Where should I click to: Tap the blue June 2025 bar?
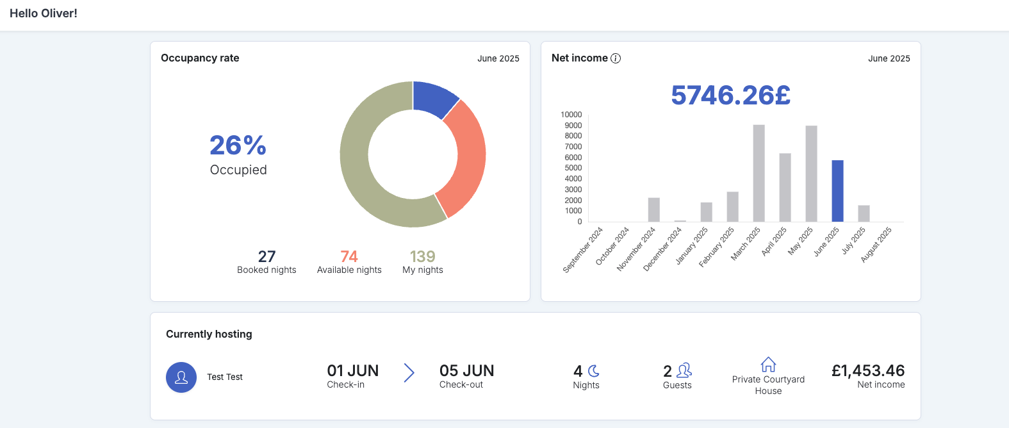tap(837, 191)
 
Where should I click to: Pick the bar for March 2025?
tap(759, 174)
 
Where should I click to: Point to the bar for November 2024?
tap(654, 210)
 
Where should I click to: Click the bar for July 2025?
tap(864, 213)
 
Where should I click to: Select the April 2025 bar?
tap(785, 188)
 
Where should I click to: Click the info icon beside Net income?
tap(615, 58)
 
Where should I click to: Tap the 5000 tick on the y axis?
tap(573, 168)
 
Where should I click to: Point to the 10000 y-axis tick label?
tap(571, 115)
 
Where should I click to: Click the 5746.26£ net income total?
tap(730, 95)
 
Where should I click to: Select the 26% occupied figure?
tap(238, 145)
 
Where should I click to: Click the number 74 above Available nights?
tap(349, 256)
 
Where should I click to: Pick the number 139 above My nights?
tap(423, 256)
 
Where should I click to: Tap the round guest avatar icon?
tap(181, 377)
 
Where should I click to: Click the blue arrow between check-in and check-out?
tap(409, 373)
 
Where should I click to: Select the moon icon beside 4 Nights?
tap(594, 371)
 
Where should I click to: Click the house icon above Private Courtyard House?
tap(769, 365)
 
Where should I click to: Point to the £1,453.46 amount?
tap(868, 370)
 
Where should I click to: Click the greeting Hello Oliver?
tap(44, 13)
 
